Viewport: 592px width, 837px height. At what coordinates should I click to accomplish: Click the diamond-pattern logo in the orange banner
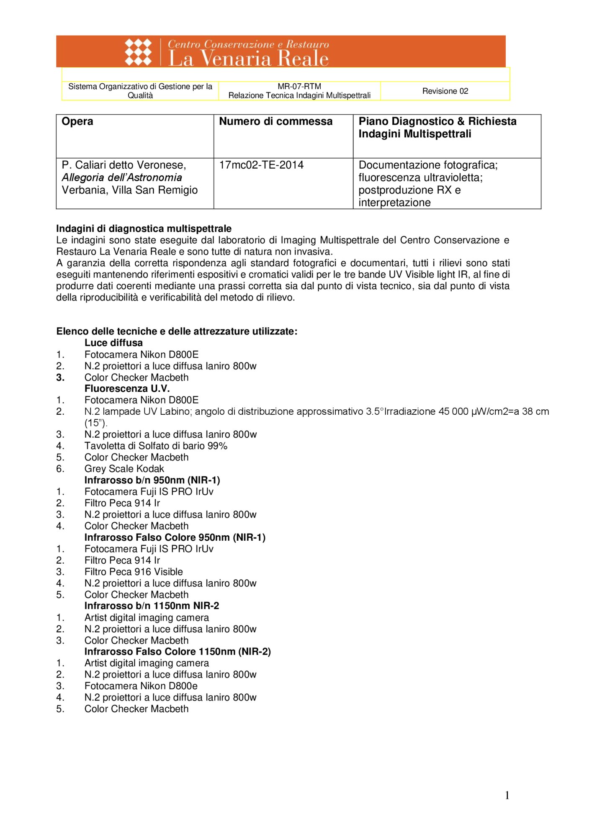138,52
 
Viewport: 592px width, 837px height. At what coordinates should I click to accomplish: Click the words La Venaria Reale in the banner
248,59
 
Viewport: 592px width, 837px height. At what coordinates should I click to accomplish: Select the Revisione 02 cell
445,91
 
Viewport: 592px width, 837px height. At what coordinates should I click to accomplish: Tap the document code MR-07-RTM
299,86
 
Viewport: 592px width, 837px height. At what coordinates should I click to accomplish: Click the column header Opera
77,121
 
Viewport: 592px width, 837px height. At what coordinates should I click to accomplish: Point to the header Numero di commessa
275,121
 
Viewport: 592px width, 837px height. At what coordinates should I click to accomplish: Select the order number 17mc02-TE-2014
261,165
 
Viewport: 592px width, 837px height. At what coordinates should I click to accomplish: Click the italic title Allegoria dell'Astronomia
122,177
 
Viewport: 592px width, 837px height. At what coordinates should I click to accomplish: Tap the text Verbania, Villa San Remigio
130,190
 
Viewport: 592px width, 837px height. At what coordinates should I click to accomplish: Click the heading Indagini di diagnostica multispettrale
144,229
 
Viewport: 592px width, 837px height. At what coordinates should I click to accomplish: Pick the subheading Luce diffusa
113,343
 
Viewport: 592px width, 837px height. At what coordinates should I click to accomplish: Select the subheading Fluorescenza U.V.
127,388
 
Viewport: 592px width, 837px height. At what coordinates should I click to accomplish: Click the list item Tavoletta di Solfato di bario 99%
156,446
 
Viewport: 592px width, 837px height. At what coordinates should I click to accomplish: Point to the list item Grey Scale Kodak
124,469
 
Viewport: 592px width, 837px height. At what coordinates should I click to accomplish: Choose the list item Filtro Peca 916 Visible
134,572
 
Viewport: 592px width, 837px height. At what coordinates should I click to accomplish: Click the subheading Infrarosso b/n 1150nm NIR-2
152,606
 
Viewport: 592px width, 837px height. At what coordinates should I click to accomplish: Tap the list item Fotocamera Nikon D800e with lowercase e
141,686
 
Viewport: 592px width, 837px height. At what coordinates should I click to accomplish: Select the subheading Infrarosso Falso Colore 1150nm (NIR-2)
178,652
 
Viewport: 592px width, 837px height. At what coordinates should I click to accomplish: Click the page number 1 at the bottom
507,795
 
